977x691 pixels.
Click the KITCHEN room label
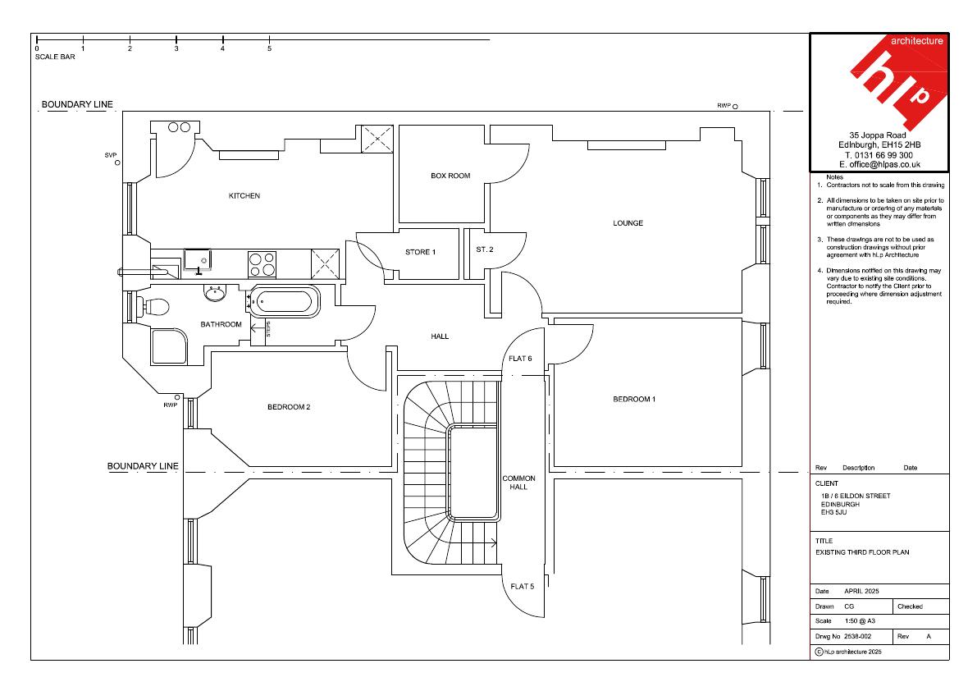pyautogui.click(x=244, y=195)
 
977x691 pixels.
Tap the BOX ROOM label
pyautogui.click(x=450, y=176)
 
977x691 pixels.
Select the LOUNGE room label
pyautogui.click(x=628, y=223)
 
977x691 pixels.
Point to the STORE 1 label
pyautogui.click(x=421, y=252)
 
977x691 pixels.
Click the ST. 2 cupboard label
pyautogui.click(x=485, y=249)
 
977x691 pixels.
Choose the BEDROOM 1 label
pyautogui.click(x=634, y=400)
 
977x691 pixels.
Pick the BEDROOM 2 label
pyautogui.click(x=289, y=407)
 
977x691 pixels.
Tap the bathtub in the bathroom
pyautogui.click(x=285, y=302)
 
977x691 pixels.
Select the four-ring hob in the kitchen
pyautogui.click(x=263, y=263)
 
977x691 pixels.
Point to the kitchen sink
pyautogui.click(x=198, y=260)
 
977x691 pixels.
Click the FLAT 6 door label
pyautogui.click(x=520, y=359)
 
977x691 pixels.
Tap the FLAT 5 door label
pyautogui.click(x=523, y=586)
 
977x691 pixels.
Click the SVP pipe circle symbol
pyautogui.click(x=118, y=163)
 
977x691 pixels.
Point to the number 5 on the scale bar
pyautogui.click(x=269, y=48)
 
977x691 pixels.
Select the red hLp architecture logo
pyautogui.click(x=898, y=81)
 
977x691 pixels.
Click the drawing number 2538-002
pyautogui.click(x=858, y=637)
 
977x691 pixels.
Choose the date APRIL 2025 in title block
pyautogui.click(x=861, y=592)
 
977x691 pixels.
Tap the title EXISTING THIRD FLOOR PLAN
pyautogui.click(x=862, y=552)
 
